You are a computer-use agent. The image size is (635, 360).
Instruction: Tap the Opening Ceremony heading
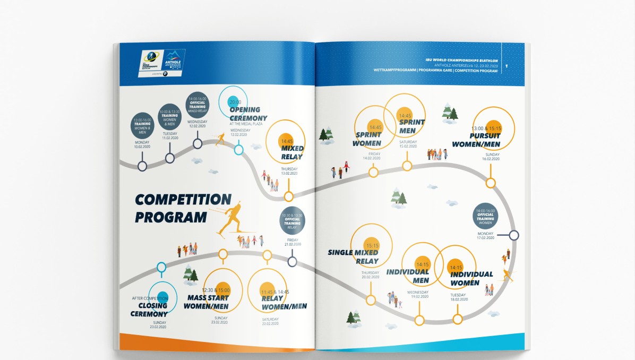(x=248, y=114)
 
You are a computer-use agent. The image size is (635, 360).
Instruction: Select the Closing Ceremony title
(x=149, y=310)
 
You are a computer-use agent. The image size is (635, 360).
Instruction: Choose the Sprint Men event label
(x=411, y=126)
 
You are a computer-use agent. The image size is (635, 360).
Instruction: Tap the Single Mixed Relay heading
(x=354, y=256)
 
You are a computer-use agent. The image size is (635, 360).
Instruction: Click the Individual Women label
(x=471, y=278)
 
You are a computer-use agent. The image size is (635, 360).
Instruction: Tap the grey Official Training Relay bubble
(x=292, y=221)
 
